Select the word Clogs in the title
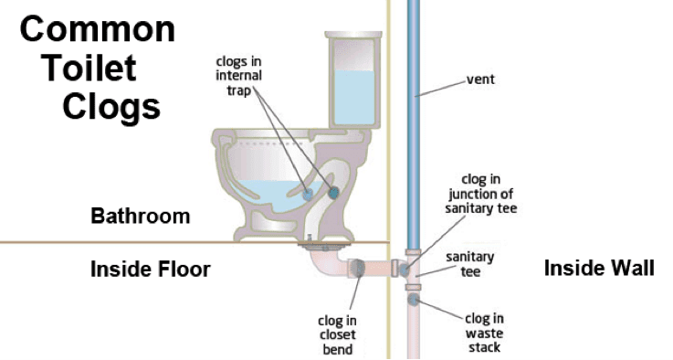[111, 106]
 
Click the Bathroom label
[141, 217]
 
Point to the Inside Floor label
[150, 270]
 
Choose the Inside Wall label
[599, 269]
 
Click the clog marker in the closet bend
[359, 269]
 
